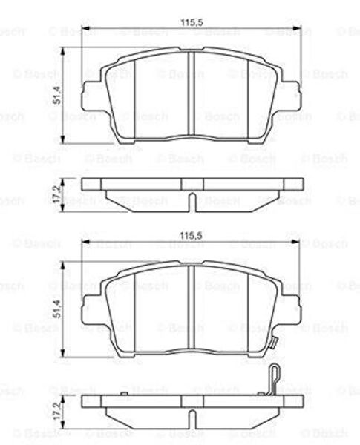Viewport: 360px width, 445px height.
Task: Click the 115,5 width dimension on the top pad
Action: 192,22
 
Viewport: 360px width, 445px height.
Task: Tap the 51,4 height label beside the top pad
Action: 57,95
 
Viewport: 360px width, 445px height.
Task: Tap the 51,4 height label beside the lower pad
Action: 57,309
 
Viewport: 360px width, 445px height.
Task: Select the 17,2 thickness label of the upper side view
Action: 57,194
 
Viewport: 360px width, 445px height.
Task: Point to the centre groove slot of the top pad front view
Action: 192,93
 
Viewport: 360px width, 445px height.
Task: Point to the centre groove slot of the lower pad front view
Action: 192,306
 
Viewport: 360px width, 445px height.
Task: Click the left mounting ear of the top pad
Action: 91,96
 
